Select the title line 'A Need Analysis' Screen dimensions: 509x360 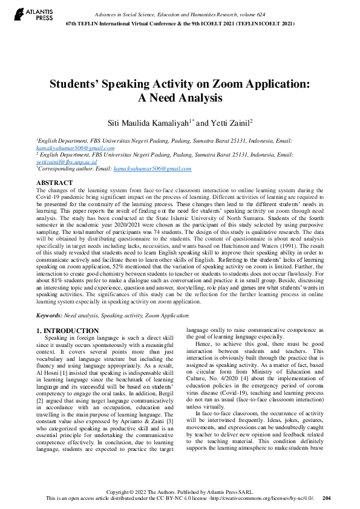pos(180,97)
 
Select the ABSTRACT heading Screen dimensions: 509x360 pos(56,182)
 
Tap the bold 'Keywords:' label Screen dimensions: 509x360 pos(49,316)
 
